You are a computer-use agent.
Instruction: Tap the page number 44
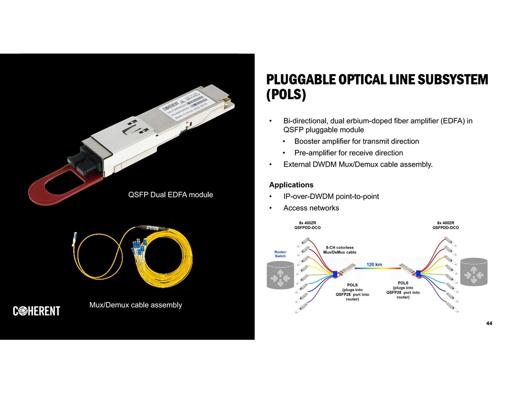click(489, 323)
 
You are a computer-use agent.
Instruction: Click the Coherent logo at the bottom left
click(36, 311)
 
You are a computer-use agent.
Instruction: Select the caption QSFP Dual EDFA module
click(170, 195)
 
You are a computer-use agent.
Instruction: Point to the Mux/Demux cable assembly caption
click(136, 304)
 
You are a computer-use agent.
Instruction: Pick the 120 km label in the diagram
click(375, 264)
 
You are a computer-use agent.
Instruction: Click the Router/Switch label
click(280, 254)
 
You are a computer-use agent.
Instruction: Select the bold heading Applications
click(291, 185)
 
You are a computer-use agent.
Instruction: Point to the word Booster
click(308, 142)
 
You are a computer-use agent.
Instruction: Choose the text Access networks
click(311, 208)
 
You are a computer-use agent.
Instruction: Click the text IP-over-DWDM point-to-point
click(331, 196)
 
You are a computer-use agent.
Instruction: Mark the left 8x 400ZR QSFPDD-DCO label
click(307, 225)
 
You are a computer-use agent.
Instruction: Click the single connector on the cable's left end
click(75, 237)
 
